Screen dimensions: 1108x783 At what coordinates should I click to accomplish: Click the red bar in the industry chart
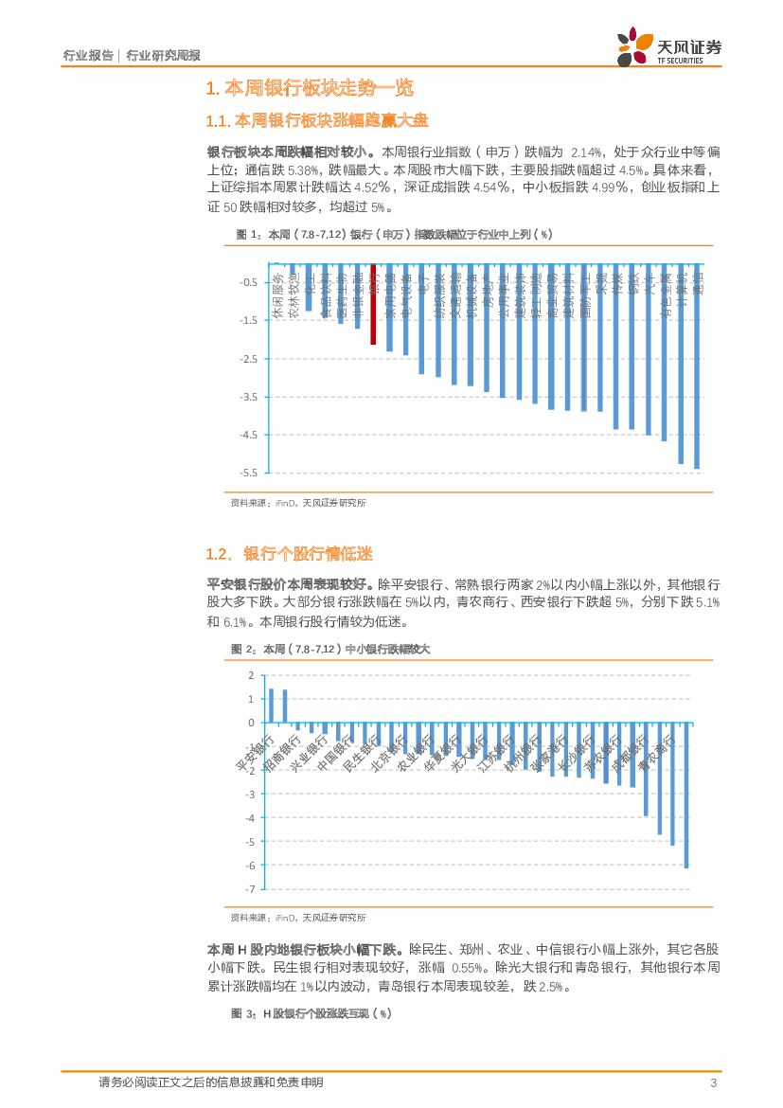tap(373, 305)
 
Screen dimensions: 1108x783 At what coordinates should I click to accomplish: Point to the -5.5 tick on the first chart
tap(250, 473)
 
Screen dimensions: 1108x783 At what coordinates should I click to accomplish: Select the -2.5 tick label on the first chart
tap(250, 359)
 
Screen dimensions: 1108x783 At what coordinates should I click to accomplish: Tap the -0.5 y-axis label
tap(250, 283)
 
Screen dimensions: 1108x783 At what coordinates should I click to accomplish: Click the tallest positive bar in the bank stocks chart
tap(272, 706)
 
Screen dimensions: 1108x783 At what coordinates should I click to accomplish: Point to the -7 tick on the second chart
tap(250, 889)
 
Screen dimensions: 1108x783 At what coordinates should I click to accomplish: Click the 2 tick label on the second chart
tap(251, 675)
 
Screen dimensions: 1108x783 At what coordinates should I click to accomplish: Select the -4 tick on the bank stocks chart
tap(250, 818)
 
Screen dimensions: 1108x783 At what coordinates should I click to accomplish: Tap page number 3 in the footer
tap(712, 1082)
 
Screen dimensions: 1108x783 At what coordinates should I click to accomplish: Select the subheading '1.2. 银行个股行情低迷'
tap(289, 554)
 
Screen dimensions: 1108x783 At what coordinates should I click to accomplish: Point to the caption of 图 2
tap(330, 649)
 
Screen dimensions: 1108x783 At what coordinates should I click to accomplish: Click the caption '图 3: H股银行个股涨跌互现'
tap(311, 1013)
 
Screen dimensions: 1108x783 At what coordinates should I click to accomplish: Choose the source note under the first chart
tap(298, 504)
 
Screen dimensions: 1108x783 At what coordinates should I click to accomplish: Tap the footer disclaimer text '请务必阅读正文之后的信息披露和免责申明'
tap(210, 1082)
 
